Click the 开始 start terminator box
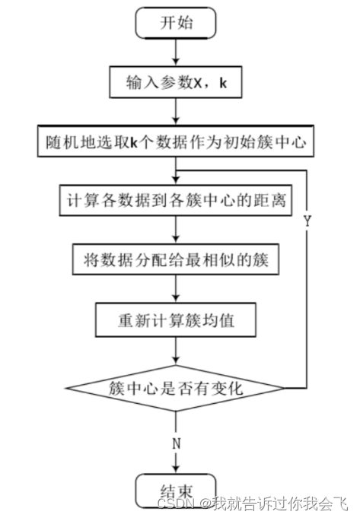coord(176,24)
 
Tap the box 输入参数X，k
coord(176,84)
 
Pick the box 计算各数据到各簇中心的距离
coord(176,201)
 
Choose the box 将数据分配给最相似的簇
coord(176,260)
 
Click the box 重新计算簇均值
coord(176,320)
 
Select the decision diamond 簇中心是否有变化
coord(176,389)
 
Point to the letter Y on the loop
coord(307,221)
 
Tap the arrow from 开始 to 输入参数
coord(176,53)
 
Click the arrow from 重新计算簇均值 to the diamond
coord(176,351)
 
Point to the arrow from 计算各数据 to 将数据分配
coord(176,230)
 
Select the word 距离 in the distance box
coord(273,201)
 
